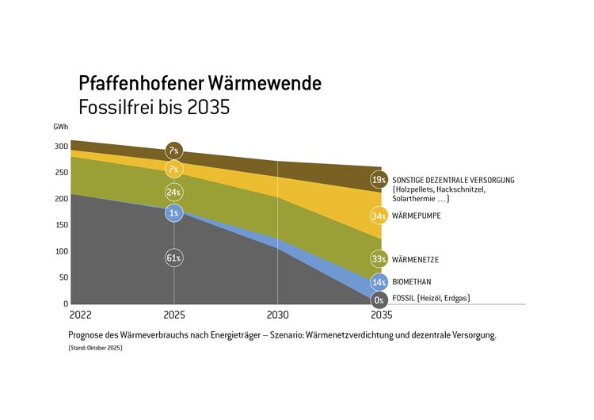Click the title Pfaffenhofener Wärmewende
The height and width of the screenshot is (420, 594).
click(x=200, y=83)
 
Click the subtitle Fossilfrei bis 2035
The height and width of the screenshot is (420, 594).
click(x=154, y=107)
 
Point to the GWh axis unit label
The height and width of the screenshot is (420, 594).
click(x=61, y=128)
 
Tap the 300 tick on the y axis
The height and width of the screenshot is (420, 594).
click(x=61, y=147)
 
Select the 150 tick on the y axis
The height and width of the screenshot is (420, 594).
click(x=61, y=225)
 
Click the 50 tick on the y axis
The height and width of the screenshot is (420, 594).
click(x=63, y=277)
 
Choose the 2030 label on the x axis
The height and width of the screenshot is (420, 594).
click(x=277, y=315)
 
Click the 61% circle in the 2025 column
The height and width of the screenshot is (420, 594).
click(x=174, y=258)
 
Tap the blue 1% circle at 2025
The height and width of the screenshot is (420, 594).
click(x=174, y=212)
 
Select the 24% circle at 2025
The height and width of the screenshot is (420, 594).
click(x=174, y=192)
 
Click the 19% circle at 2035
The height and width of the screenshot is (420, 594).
click(x=379, y=180)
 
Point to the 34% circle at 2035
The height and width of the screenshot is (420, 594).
click(x=379, y=216)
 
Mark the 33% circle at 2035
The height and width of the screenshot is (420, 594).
click(x=379, y=259)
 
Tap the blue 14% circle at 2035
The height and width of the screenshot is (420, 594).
click(x=379, y=282)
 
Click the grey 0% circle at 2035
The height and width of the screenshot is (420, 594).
click(x=379, y=300)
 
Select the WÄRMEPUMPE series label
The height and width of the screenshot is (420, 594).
click(x=417, y=216)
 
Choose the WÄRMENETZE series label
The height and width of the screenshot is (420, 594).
click(x=417, y=259)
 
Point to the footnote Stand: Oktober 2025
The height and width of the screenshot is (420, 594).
click(x=95, y=349)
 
